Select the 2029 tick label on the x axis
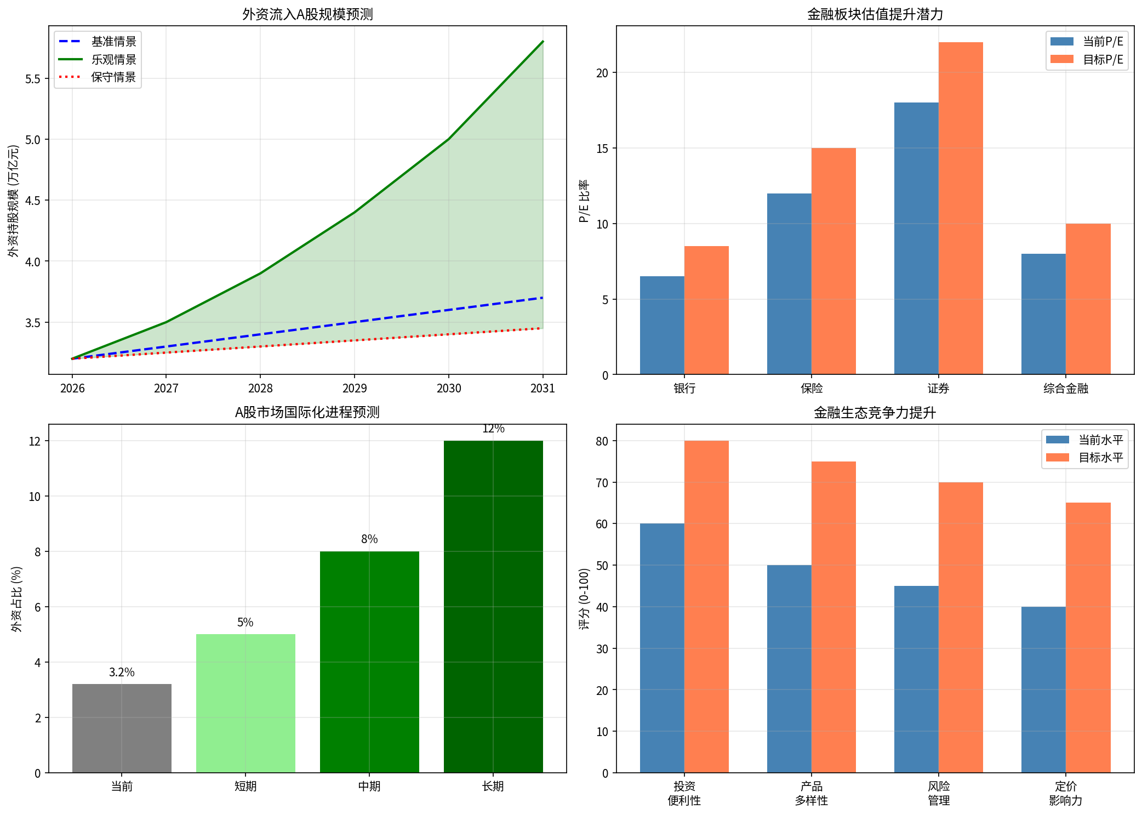(355, 389)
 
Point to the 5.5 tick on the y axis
(33, 79)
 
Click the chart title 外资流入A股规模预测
(307, 14)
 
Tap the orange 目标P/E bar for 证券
(961, 208)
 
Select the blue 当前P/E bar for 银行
(662, 326)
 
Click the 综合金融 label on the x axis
(1065, 389)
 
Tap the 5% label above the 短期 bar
(245, 623)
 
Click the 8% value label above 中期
(369, 539)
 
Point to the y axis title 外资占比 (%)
(16, 599)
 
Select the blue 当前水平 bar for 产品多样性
(789, 669)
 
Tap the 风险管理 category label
(938, 793)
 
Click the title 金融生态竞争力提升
(875, 413)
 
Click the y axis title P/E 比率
(584, 201)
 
